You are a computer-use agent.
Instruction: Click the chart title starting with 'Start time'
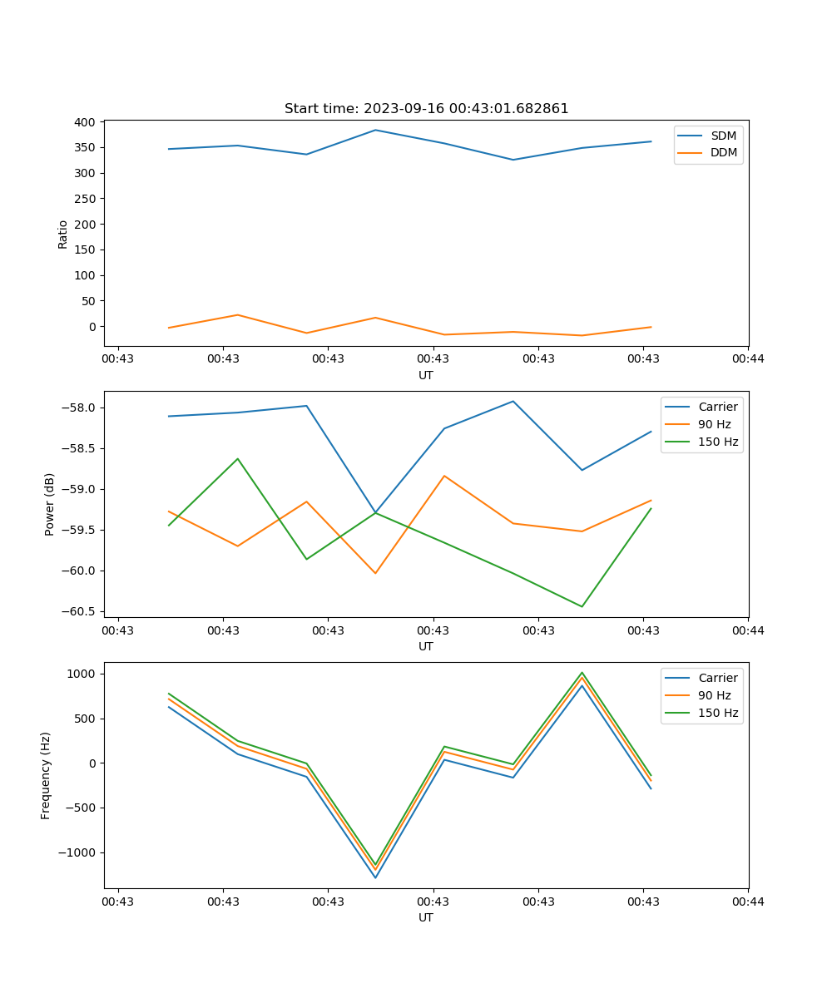click(426, 109)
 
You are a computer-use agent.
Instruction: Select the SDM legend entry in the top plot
click(723, 136)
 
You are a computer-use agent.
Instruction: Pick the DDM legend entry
click(723, 152)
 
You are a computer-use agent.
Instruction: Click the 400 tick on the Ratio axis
click(84, 122)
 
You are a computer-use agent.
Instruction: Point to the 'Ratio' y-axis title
click(63, 234)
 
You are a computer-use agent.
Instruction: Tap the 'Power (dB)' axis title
click(50, 504)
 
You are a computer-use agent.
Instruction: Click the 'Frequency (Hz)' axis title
click(46, 775)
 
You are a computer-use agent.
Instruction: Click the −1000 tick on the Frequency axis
click(80, 852)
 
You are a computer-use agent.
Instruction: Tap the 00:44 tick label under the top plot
click(748, 358)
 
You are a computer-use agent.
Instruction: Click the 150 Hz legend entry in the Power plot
click(718, 442)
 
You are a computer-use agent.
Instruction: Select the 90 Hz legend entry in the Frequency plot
click(715, 695)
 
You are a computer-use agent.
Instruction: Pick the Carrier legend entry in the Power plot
click(717, 407)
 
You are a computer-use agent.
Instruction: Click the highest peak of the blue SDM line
click(375, 130)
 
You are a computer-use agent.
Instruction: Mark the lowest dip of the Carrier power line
click(375, 512)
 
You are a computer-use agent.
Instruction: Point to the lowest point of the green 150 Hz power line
click(582, 606)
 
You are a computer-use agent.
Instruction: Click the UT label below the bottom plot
click(426, 917)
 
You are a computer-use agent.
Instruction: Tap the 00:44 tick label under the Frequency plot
click(748, 901)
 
